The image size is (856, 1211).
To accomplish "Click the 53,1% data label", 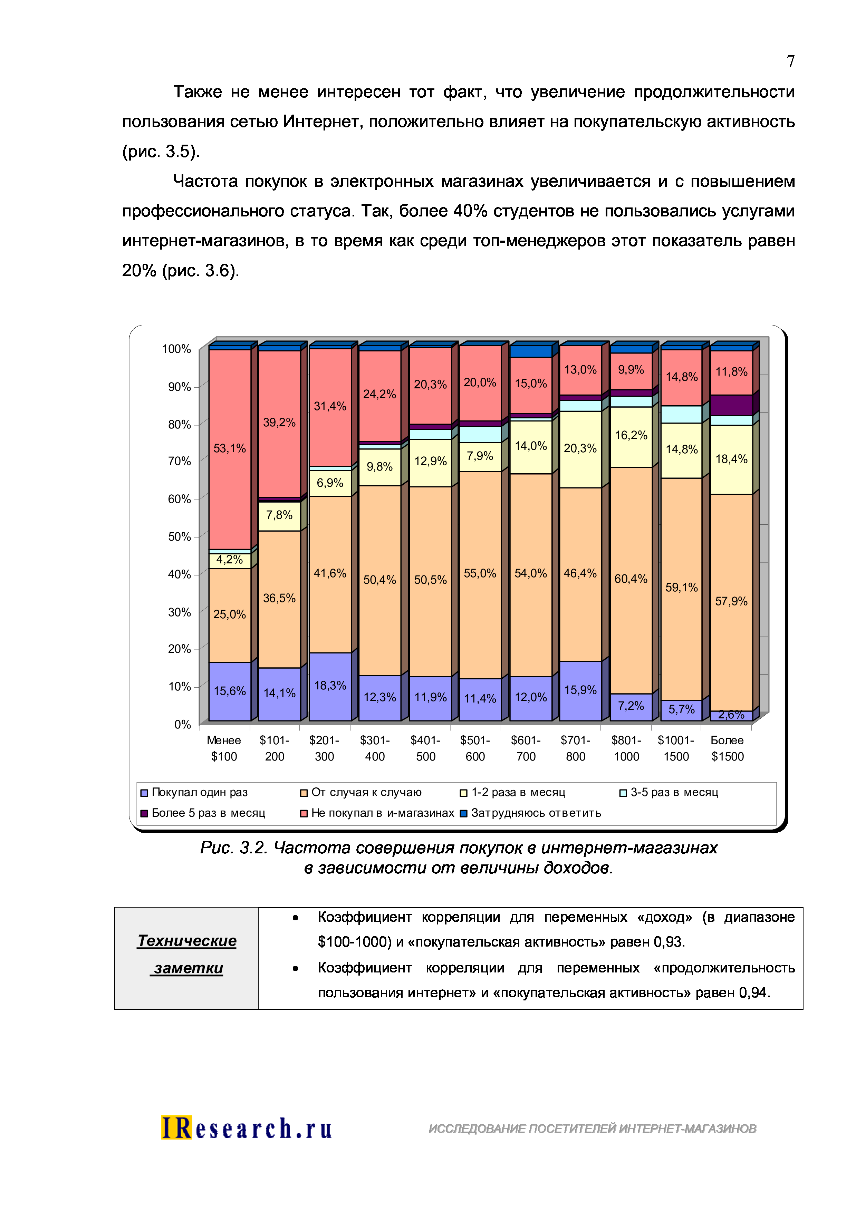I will point(229,448).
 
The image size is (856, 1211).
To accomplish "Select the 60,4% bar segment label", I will point(631,579).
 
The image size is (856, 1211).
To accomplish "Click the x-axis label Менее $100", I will point(224,748).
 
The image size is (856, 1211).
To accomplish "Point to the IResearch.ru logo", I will point(246,1128).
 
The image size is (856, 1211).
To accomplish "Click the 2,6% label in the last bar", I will point(731,715).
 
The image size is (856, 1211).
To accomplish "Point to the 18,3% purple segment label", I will point(330,686).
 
